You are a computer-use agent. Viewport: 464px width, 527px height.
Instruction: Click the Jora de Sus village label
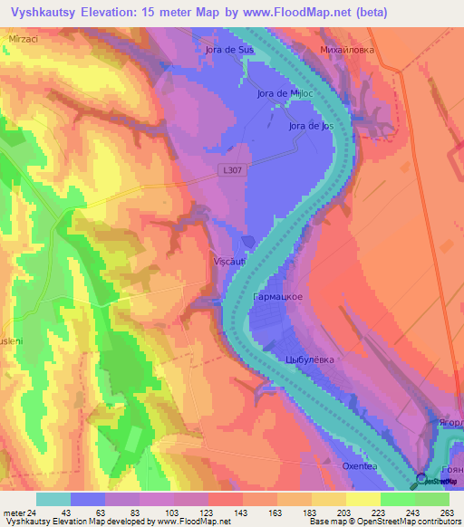(229, 51)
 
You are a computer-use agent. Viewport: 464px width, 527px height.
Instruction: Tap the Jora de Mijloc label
(285, 93)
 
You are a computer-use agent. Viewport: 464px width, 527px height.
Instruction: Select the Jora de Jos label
(311, 126)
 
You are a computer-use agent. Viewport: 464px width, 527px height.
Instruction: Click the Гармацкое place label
(277, 297)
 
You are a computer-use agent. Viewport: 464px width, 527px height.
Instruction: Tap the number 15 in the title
(181, 13)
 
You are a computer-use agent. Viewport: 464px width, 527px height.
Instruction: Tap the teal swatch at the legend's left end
(53, 499)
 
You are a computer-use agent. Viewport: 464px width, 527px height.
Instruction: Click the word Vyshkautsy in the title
(52, 13)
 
